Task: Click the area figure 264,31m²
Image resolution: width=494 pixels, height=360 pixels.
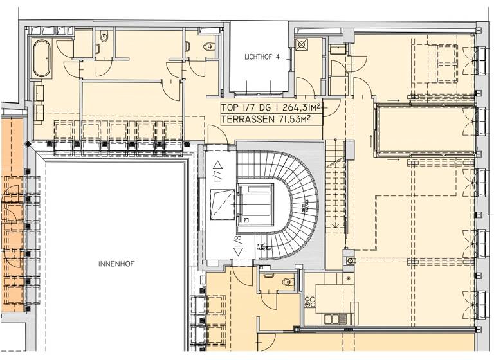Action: (x=298, y=108)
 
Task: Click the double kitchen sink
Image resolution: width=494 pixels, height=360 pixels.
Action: (x=335, y=318)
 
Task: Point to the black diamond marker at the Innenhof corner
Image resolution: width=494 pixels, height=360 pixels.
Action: (x=26, y=143)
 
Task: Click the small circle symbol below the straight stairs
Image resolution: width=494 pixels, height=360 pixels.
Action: (x=349, y=261)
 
